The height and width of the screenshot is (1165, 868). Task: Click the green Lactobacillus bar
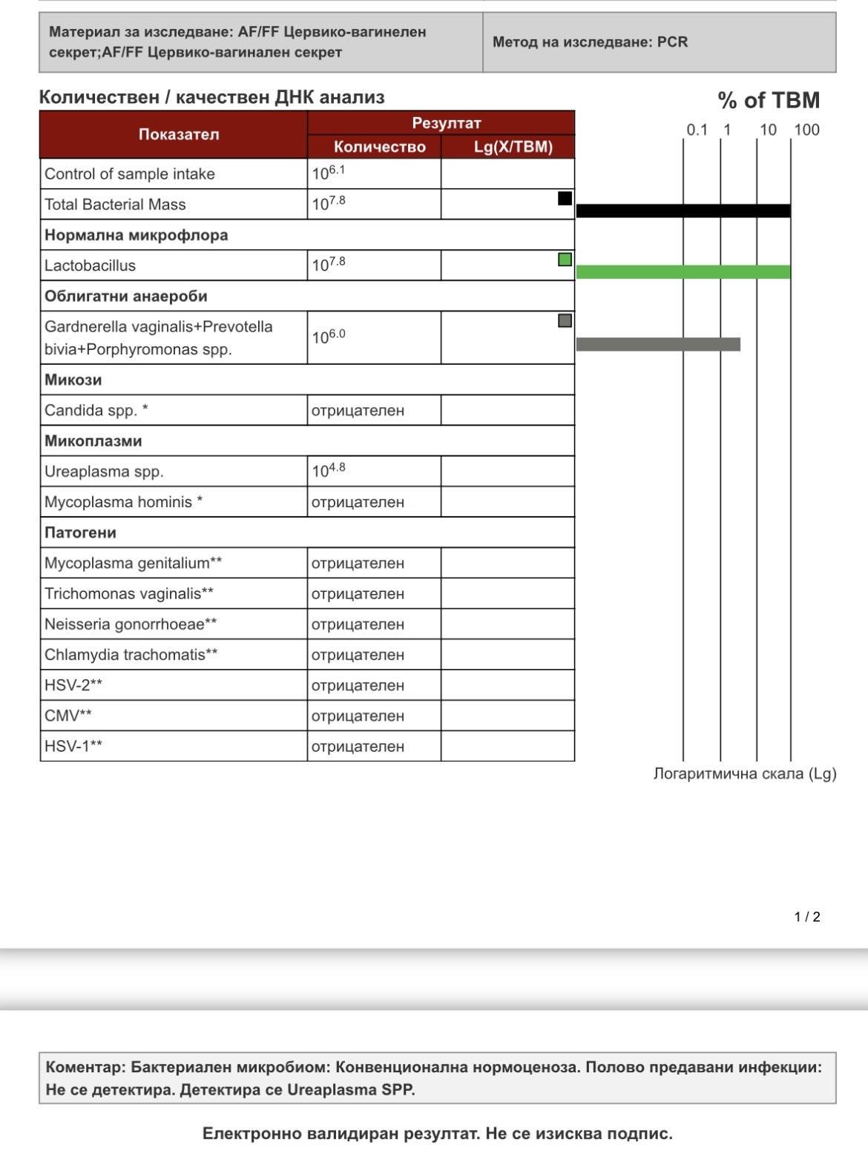pos(683,271)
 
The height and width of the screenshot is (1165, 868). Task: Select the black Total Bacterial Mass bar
pos(683,211)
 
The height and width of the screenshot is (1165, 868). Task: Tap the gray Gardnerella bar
pos(658,344)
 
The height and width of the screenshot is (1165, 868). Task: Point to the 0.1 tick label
pos(697,130)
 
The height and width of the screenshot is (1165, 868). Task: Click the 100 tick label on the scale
pos(806,130)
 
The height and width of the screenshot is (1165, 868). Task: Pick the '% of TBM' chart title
pos(769,100)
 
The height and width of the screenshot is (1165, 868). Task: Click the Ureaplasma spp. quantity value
pos(329,471)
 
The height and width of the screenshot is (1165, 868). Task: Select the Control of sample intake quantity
pos(329,173)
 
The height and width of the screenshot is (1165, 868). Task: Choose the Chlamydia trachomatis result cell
pos(358,655)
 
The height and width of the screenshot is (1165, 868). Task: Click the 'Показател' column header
pos(179,134)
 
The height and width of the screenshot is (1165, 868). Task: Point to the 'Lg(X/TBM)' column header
pos(513,146)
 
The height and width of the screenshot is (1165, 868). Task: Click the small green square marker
pos(565,260)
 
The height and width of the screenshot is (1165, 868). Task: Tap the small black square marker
pos(565,198)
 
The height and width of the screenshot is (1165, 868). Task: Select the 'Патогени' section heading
pos(80,532)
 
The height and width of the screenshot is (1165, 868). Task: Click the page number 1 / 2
pos(807,917)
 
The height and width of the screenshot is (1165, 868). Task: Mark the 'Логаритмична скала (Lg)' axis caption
pos(744,773)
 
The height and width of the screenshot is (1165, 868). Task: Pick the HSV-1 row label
pos(73,746)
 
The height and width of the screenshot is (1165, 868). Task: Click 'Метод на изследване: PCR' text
pos(590,42)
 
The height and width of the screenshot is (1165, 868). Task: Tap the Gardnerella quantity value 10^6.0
pos(329,337)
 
